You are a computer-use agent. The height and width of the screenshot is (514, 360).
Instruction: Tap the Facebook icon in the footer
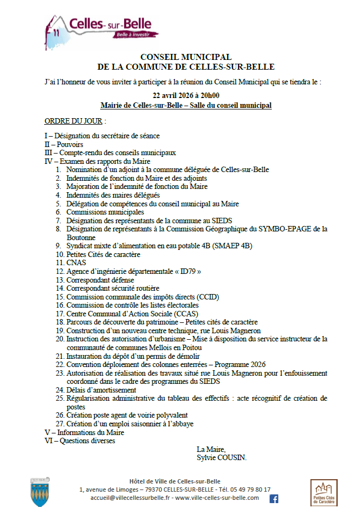pos(274,498)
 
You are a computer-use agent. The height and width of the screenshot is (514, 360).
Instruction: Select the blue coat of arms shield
pos(41,492)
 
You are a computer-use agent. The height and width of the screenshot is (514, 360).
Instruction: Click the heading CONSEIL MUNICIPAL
pos(186,57)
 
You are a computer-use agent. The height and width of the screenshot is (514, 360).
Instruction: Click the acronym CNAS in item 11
pos(77,262)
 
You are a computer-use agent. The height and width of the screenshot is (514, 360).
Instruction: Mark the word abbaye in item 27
pos(182,424)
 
